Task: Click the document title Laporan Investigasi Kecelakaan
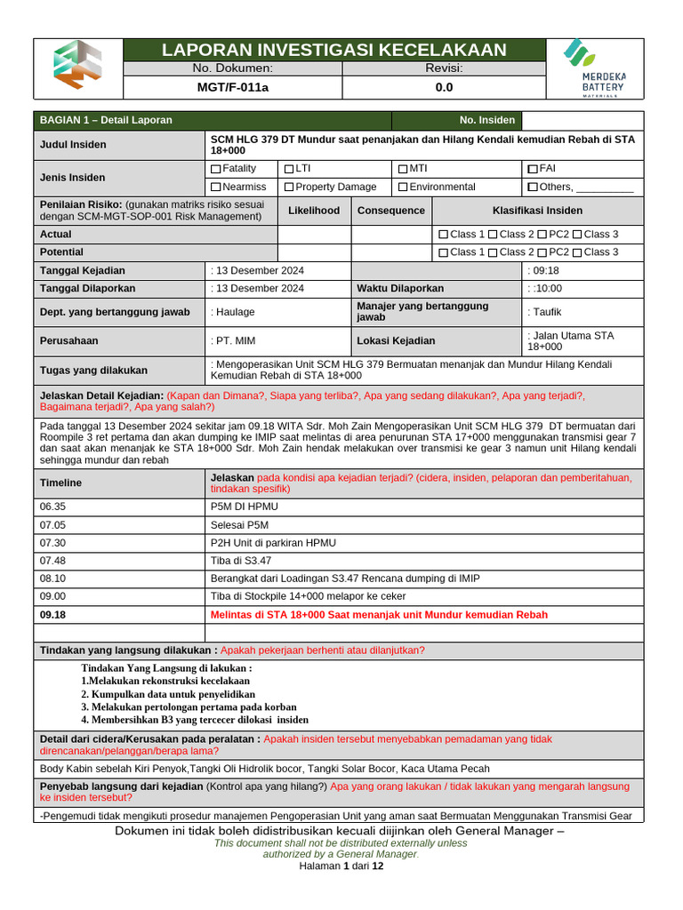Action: click(333, 50)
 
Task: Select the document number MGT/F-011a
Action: click(233, 87)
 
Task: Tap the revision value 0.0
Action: click(444, 87)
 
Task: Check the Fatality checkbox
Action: click(216, 169)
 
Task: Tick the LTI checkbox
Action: click(288, 169)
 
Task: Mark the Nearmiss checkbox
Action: click(216, 188)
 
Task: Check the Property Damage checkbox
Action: click(288, 188)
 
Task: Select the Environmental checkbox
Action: click(403, 188)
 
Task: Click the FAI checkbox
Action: click(532, 169)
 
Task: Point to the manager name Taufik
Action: click(546, 312)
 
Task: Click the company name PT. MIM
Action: click(235, 340)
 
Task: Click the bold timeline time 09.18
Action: click(53, 615)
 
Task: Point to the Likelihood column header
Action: click(314, 211)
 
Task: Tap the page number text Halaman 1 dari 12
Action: click(341, 866)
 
